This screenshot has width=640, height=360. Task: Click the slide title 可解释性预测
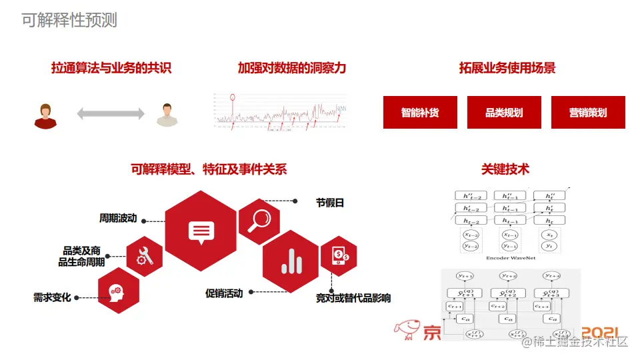(69, 21)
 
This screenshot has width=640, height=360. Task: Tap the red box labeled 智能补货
(420, 112)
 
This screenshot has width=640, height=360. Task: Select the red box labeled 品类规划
(504, 112)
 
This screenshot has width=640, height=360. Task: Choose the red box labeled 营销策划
(588, 112)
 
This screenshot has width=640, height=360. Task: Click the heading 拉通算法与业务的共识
(111, 68)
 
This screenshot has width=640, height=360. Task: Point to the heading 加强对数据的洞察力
(292, 68)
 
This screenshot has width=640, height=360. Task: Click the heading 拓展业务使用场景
(507, 68)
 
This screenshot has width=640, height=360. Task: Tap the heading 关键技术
(505, 169)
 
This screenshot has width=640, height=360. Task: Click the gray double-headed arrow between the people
(111, 114)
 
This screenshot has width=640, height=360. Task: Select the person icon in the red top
(45, 116)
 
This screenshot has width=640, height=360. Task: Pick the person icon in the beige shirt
(168, 115)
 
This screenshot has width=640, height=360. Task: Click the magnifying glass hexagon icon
(259, 220)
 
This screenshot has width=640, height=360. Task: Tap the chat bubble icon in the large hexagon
(201, 231)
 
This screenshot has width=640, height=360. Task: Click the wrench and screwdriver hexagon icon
(145, 255)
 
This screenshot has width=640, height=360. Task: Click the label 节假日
(330, 203)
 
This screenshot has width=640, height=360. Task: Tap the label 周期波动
(118, 218)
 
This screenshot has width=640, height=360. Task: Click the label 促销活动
(224, 293)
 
